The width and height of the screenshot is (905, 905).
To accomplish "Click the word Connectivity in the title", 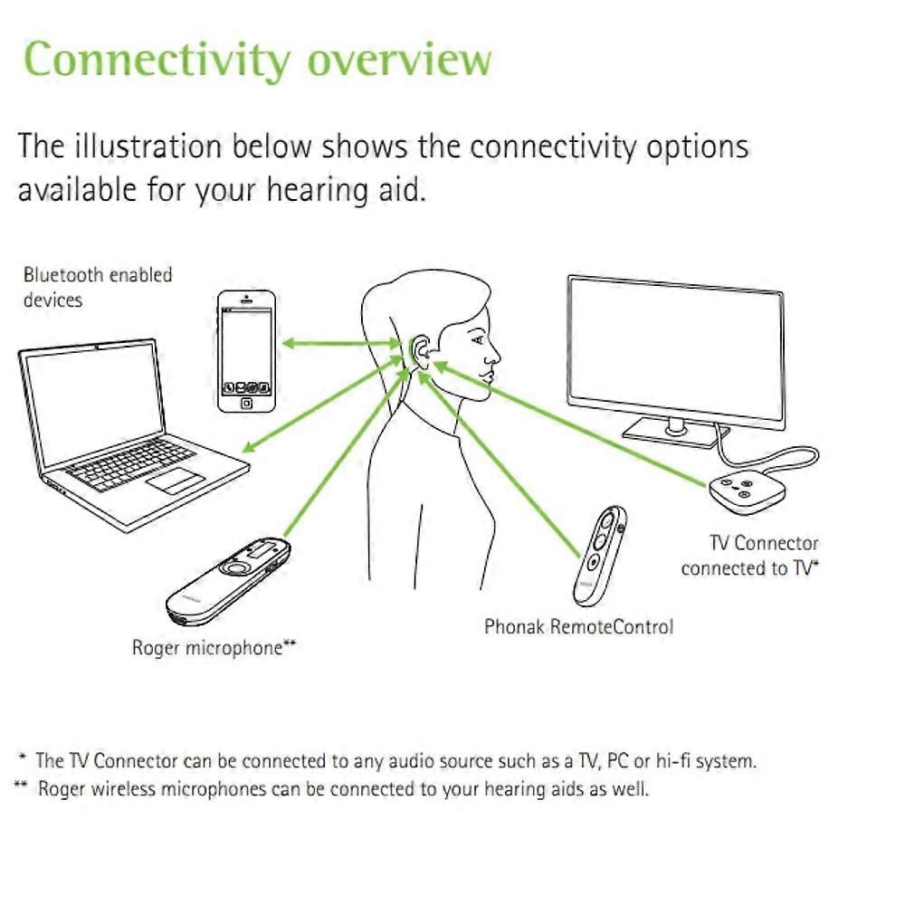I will pyautogui.click(x=157, y=59).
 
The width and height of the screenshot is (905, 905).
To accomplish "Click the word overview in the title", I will pyautogui.click(x=399, y=59).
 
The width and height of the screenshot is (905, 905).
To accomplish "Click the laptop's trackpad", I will pyautogui.click(x=175, y=480).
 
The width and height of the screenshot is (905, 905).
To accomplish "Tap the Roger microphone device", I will pyautogui.click(x=230, y=579).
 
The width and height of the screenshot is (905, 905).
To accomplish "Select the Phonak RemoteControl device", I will pyautogui.click(x=600, y=554).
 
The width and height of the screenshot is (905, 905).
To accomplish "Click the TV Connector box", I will pyautogui.click(x=742, y=492).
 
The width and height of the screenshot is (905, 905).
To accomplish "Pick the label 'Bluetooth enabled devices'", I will pyautogui.click(x=97, y=286).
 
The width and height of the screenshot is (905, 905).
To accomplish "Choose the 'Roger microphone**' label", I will pyautogui.click(x=214, y=648).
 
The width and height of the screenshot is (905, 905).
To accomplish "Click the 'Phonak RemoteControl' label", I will pyautogui.click(x=578, y=626).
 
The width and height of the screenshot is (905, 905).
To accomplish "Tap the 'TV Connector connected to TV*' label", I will pyautogui.click(x=750, y=556).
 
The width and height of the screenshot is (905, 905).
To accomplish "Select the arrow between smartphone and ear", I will pyautogui.click(x=341, y=343).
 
